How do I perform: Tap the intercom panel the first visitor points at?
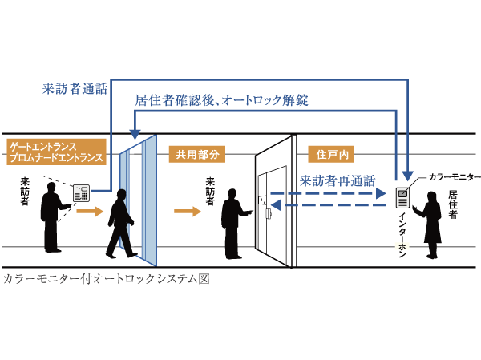coord(82,192)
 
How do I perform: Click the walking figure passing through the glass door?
coord(120,220)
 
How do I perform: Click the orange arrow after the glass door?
coord(186,212)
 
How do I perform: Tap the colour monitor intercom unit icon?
coord(402,193)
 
